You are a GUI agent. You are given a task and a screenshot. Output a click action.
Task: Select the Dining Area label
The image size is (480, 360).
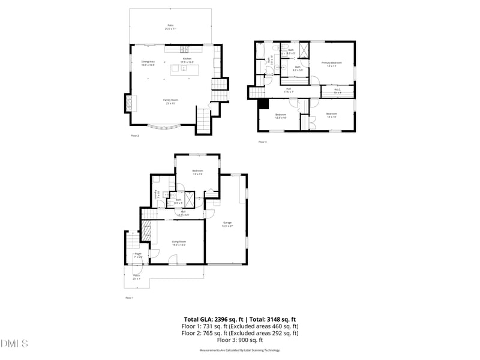pos(148,63)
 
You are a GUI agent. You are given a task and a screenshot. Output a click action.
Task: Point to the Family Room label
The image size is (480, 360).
pos(170,101)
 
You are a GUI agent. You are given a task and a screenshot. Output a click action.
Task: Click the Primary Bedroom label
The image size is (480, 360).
pos(331,64)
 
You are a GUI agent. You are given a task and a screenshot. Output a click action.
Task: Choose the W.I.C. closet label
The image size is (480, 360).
pos(337,91)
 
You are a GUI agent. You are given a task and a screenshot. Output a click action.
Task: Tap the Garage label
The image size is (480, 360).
pos(227,224)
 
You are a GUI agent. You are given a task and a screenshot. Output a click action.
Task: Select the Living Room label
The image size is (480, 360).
pos(179,243)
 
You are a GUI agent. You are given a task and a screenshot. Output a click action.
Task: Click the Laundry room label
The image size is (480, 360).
pos(157,195)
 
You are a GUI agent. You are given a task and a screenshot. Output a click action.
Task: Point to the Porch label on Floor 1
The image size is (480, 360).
pos(137,277)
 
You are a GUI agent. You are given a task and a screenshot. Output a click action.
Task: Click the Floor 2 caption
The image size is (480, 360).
pos(135,136)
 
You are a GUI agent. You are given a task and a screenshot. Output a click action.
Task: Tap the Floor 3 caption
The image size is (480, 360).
pos(262,142)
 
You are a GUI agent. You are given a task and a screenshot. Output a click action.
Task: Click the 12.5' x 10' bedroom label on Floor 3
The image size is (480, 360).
pos(281,115)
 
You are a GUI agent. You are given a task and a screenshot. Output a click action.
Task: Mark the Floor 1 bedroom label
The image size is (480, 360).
pos(197,172)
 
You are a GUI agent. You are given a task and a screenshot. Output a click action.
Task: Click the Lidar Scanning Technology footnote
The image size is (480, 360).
pos(239,350)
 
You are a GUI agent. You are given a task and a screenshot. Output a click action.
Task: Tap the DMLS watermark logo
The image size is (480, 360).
pos(14,344)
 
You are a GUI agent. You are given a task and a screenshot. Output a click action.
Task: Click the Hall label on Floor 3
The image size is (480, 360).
pos(289,90)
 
